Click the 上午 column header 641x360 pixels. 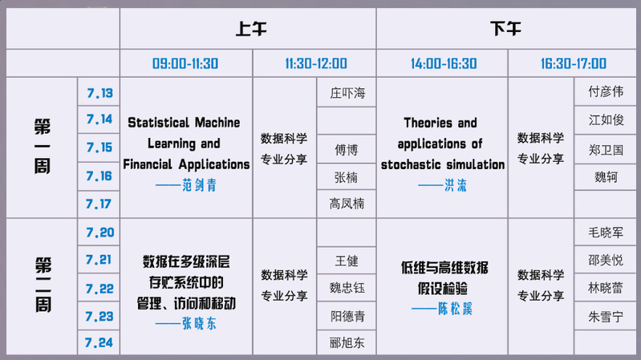pos(251,29)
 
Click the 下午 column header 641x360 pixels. pos(505,29)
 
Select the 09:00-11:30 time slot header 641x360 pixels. pos(185,64)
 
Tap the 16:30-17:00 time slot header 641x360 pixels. pos(574,64)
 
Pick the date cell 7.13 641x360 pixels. pos(99,93)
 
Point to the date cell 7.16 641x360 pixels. pos(99,176)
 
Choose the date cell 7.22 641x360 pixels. pos(99,289)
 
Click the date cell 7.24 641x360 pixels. pos(99,342)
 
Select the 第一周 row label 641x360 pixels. pos(43,146)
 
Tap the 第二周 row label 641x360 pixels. pos(43,285)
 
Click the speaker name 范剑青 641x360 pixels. pos(200,185)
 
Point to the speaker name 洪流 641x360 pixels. pos(456,185)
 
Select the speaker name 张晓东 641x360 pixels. pos(200,324)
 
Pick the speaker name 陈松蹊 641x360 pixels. pos(455,309)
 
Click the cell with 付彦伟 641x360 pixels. pos(606,91)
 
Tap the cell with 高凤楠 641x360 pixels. pos(347,204)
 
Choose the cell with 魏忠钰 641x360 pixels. pos(347,288)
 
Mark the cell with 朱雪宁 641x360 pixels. pos(606,317)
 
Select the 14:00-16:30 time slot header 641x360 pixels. pos(444,64)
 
